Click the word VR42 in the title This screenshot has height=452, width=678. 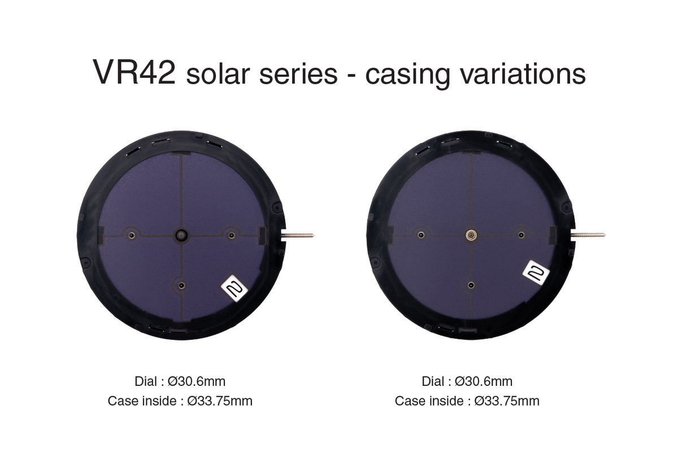click(134, 73)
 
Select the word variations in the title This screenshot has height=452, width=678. click(523, 74)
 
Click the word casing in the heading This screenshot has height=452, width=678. click(408, 76)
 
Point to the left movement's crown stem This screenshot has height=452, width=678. click(298, 235)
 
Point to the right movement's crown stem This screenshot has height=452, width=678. click(588, 235)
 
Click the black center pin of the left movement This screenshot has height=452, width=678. click(181, 235)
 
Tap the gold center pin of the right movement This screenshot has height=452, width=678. click(471, 235)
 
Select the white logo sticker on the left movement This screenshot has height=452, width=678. click(234, 289)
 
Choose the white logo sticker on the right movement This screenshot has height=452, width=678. click(536, 273)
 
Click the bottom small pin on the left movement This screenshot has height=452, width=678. click(181, 285)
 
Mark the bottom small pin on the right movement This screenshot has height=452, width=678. click(471, 285)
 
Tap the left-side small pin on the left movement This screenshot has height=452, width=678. click(131, 235)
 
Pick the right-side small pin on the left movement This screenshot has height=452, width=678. click(232, 235)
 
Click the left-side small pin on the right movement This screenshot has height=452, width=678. click(421, 235)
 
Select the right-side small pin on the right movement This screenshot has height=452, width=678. click(521, 235)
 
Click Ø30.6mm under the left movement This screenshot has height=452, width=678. click(197, 381)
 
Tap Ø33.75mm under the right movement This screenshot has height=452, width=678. click(507, 401)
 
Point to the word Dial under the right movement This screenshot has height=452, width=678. click(433, 381)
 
